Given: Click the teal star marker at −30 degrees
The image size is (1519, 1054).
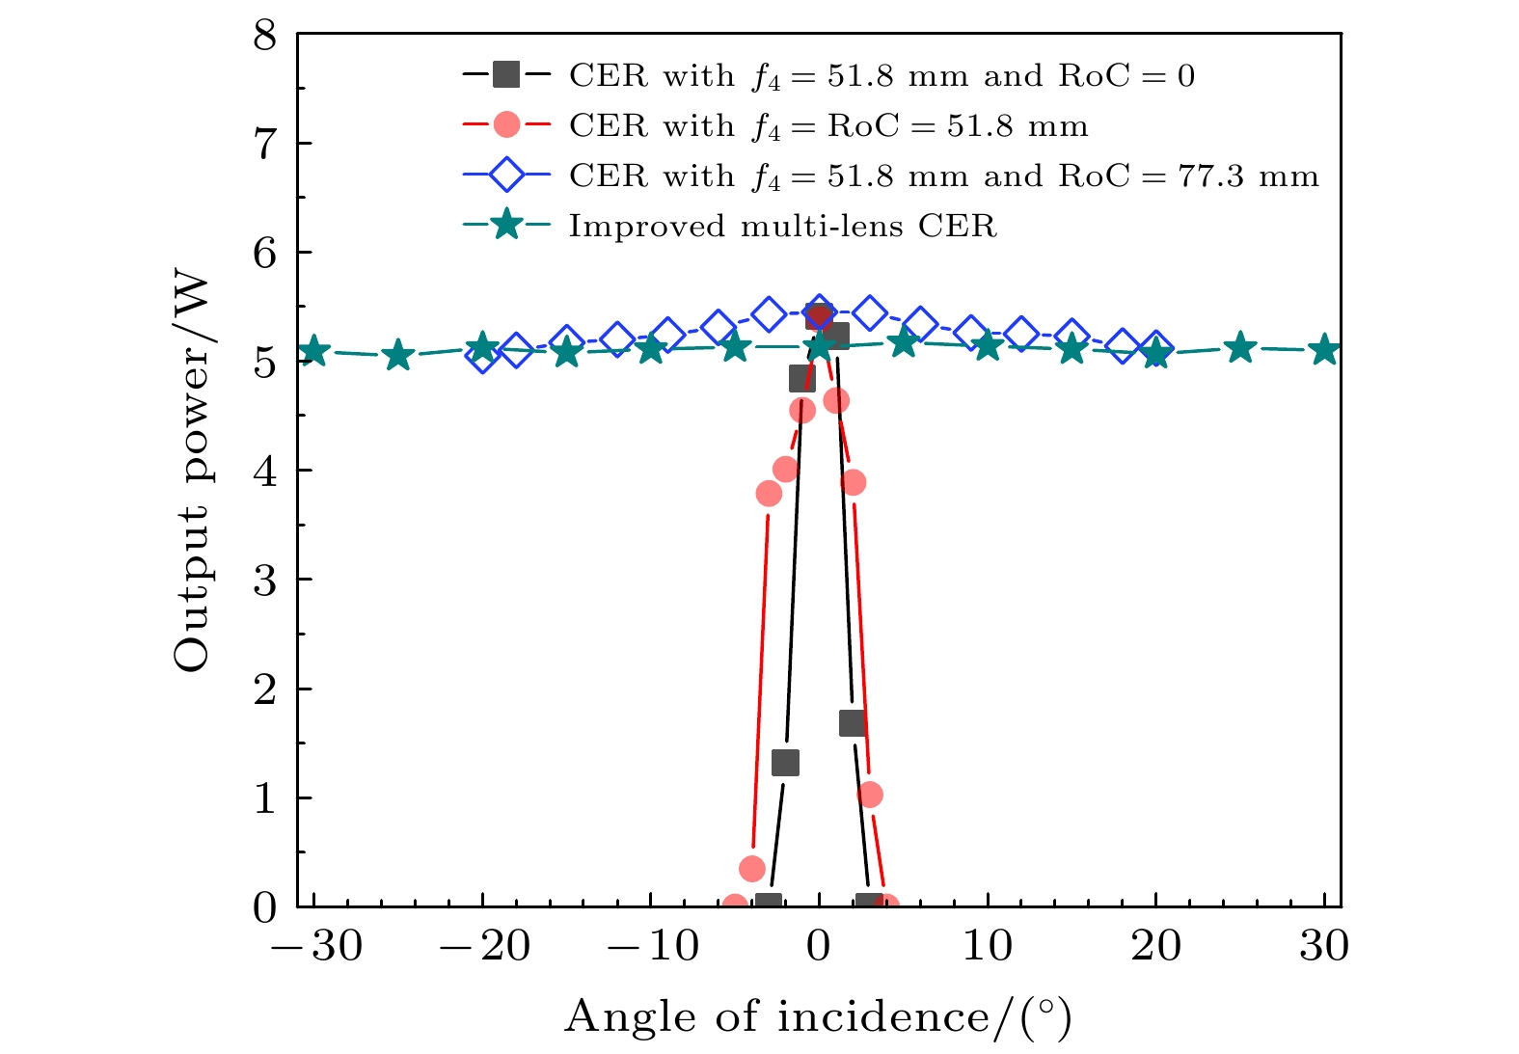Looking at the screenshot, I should pyautogui.click(x=313, y=352).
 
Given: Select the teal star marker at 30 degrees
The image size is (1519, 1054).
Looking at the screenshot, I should pyautogui.click(x=1325, y=350).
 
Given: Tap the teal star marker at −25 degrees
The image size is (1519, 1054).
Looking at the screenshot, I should pyautogui.click(x=397, y=356).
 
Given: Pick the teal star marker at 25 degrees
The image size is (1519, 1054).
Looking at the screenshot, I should pyautogui.click(x=1240, y=348).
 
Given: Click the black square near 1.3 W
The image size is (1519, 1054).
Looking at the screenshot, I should pyautogui.click(x=785, y=763).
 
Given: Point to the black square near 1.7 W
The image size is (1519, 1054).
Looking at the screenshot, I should pyautogui.click(x=852, y=723).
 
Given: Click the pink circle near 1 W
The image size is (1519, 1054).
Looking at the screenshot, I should pyautogui.click(x=870, y=795).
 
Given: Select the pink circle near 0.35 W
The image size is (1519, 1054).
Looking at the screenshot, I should pyautogui.click(x=752, y=869).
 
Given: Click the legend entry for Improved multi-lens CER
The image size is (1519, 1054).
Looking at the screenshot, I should pyautogui.click(x=782, y=227).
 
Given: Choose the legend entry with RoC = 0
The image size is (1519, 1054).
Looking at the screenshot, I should pyautogui.click(x=882, y=76).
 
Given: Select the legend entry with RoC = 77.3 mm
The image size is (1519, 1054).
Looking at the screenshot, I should pyautogui.click(x=943, y=176).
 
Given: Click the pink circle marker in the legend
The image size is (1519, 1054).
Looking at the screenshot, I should pyautogui.click(x=506, y=125).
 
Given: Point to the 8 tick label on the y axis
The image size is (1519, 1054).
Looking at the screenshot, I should pyautogui.click(x=263, y=36).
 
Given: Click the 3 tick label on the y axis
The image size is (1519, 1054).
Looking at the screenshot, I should pyautogui.click(x=263, y=581).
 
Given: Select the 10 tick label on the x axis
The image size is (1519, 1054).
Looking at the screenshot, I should pyautogui.click(x=988, y=947).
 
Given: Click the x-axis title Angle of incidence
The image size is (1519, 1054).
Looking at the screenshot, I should pyautogui.click(x=818, y=1017).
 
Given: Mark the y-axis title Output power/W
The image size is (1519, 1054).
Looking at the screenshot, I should pyautogui.click(x=192, y=471).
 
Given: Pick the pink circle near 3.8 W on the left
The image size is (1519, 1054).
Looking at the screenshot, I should pyautogui.click(x=769, y=494).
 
